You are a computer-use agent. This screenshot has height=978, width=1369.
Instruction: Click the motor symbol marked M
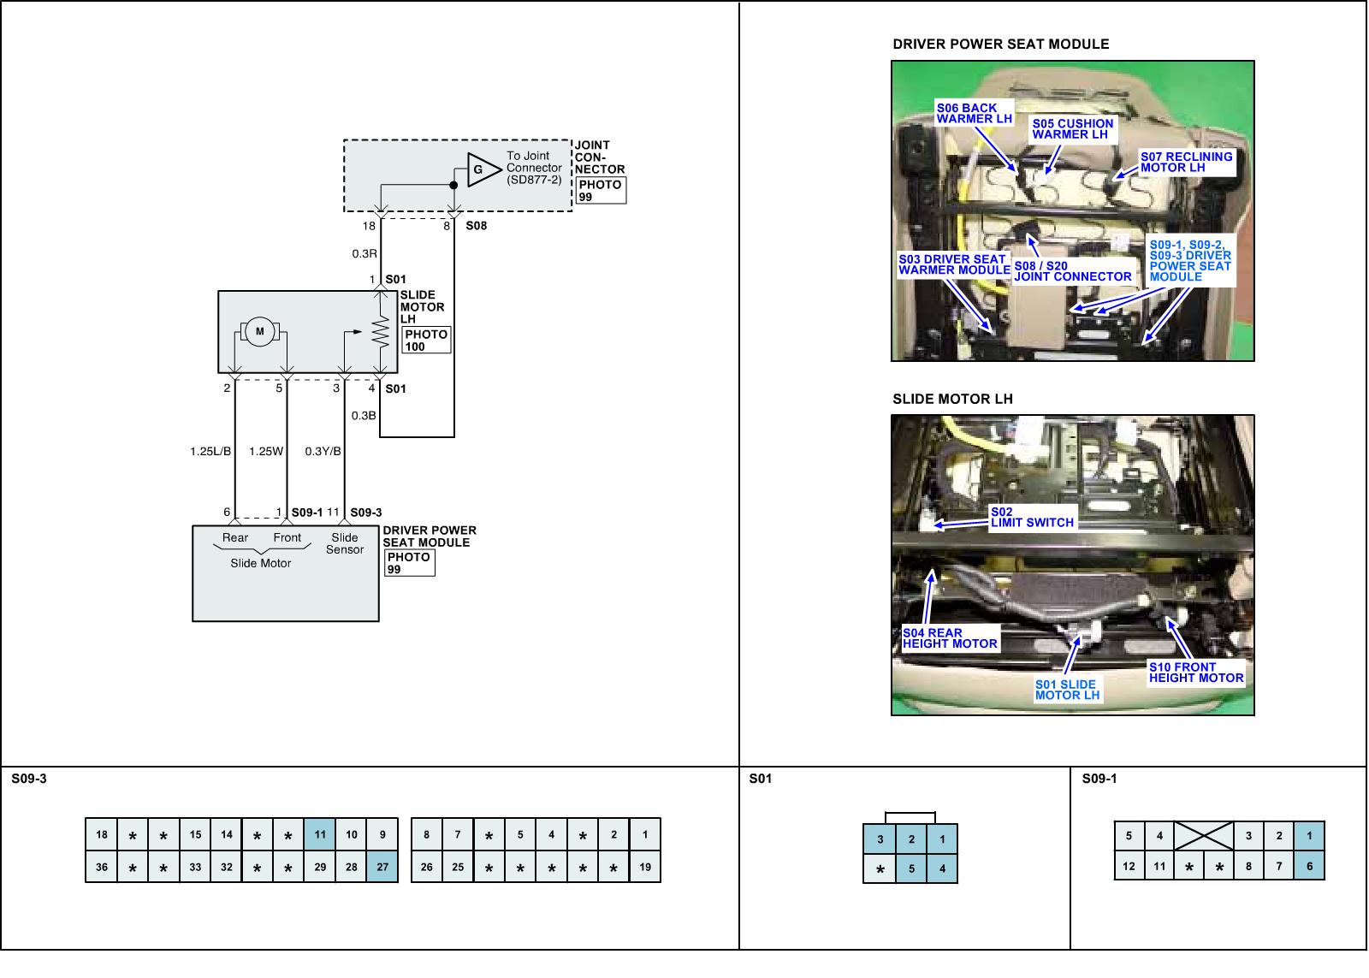[260, 332]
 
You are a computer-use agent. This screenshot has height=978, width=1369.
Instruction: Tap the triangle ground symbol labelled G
[480, 169]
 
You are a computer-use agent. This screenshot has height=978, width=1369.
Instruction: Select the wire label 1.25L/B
[210, 451]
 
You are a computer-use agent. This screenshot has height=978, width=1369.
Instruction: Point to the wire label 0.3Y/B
[323, 451]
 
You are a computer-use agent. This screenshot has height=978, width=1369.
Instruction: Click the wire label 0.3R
[364, 253]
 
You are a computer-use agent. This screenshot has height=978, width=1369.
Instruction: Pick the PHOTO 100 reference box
[425, 341]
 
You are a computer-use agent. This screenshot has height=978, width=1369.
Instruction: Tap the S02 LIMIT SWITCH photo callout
[1031, 518]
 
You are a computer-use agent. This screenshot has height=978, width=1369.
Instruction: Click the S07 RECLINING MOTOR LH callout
[1186, 162]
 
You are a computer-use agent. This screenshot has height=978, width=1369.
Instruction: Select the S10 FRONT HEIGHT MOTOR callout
[1195, 673]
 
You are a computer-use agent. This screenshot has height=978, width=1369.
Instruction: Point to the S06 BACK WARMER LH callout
[973, 113]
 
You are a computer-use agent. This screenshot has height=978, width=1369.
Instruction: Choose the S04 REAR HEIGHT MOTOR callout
[950, 638]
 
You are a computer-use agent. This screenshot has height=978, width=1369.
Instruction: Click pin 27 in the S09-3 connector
[382, 867]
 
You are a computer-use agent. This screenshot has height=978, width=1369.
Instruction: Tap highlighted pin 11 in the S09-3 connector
[320, 835]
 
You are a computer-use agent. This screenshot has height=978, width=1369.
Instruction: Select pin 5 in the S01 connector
[911, 869]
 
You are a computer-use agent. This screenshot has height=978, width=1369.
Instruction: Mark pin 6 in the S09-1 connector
[1309, 866]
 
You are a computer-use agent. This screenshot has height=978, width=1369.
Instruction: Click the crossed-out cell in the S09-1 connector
[1203, 836]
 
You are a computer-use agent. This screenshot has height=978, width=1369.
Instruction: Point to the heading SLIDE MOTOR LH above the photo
[952, 399]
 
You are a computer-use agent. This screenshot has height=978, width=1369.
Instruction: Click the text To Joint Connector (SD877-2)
[534, 168]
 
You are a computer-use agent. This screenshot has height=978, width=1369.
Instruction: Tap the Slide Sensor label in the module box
[345, 544]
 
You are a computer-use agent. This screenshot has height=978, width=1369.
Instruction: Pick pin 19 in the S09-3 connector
[645, 867]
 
